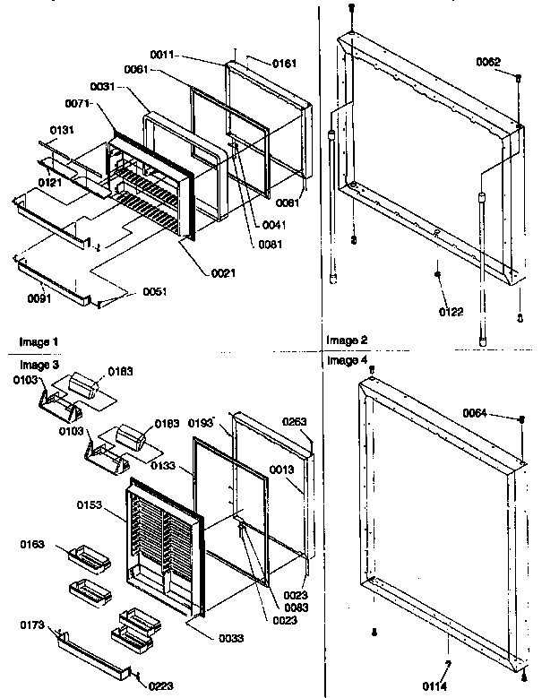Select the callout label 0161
click(284, 65)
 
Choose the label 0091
click(39, 298)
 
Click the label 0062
click(488, 62)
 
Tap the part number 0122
click(451, 312)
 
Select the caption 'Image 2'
click(347, 340)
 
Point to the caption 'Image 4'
click(347, 360)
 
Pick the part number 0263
click(296, 423)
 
